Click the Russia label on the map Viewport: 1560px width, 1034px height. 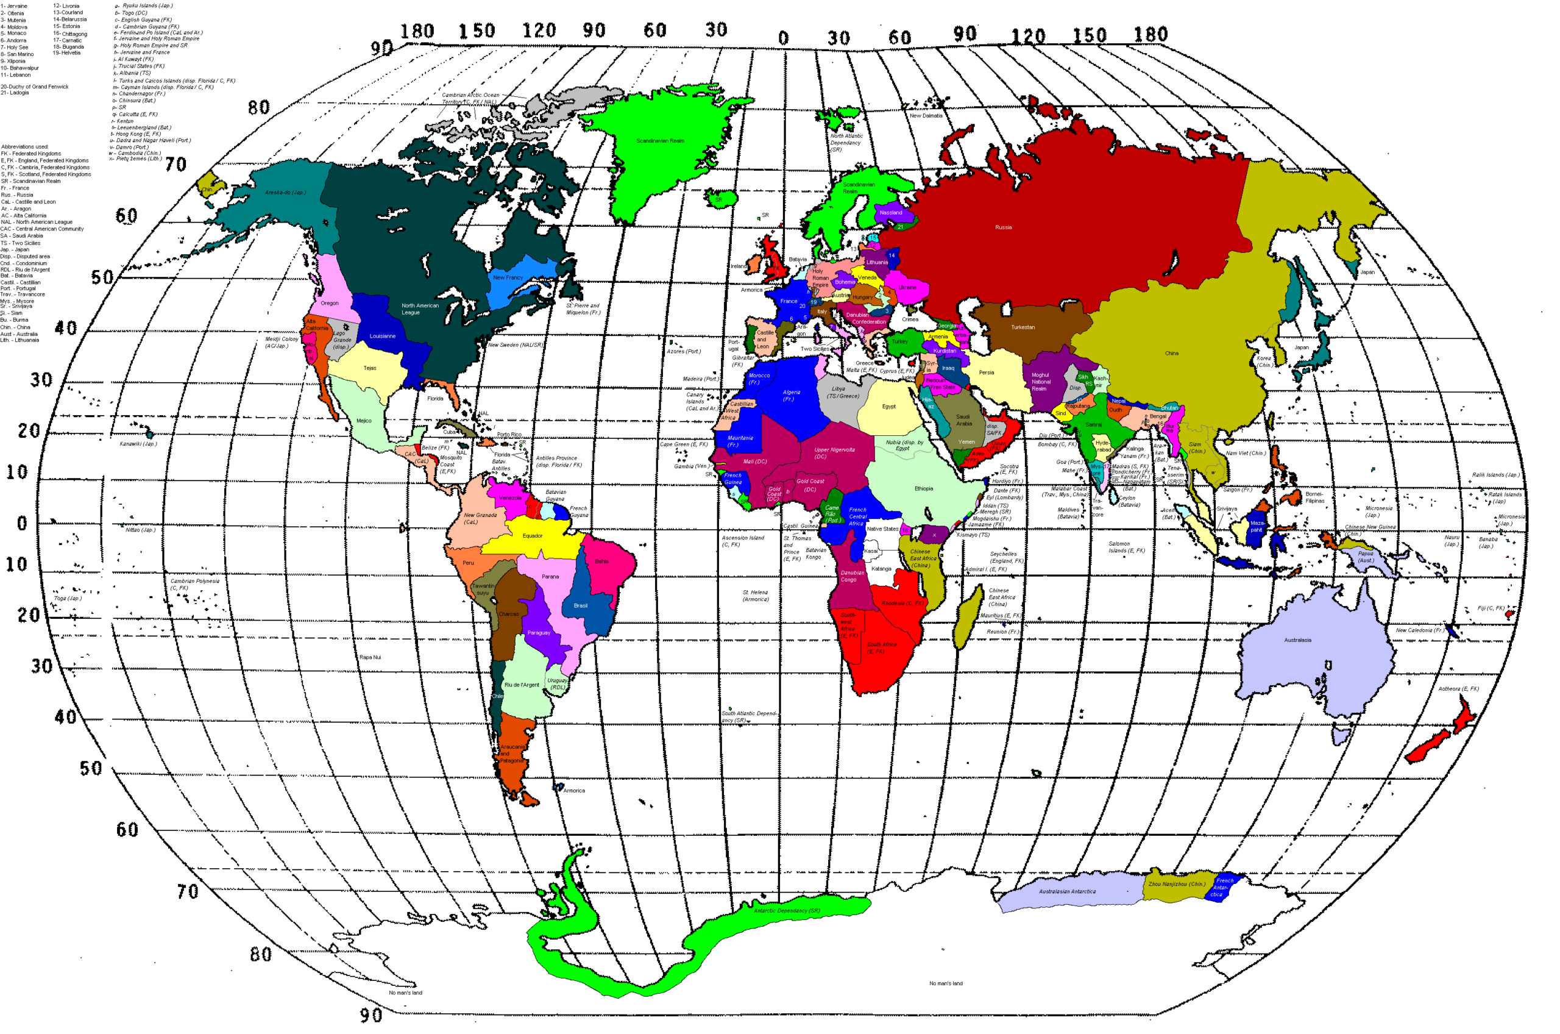[x=1003, y=227]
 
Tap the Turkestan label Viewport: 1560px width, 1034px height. [x=1023, y=327]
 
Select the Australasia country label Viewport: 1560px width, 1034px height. [x=1297, y=640]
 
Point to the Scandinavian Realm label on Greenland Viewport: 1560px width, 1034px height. [x=660, y=141]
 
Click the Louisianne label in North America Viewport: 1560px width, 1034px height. [x=382, y=337]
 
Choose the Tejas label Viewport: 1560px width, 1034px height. [x=370, y=368]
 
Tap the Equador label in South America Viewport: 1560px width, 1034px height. [x=533, y=536]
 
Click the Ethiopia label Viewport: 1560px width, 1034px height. [x=923, y=488]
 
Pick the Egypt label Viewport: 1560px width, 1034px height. [x=888, y=407]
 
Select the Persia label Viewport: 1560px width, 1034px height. [x=986, y=373]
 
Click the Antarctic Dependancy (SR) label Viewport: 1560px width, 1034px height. [x=786, y=911]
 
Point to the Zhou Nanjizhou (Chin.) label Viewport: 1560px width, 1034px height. [x=1177, y=884]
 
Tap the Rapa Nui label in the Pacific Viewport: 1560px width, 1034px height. [x=370, y=657]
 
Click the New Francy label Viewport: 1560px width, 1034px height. [x=508, y=277]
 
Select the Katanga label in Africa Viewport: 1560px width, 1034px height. [x=881, y=569]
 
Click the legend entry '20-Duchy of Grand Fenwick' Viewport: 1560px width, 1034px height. [x=34, y=87]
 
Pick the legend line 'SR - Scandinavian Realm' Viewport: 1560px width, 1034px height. [x=31, y=181]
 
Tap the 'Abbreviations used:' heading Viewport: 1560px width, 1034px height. [x=24, y=147]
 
